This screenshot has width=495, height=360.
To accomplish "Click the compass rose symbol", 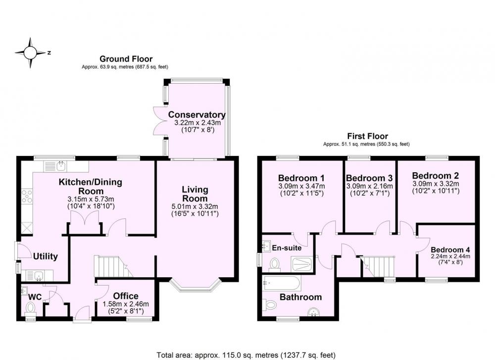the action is pos(31,52).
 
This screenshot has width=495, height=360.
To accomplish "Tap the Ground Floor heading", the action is pos(126,59).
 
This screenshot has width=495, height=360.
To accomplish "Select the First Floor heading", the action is pos(367,136).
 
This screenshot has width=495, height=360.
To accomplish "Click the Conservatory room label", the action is pos(197,114).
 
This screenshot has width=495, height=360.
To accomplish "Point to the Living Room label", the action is pos(195,194).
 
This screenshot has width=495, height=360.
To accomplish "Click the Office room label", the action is pos(126,296).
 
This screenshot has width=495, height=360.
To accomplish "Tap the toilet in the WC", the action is pos(31,308).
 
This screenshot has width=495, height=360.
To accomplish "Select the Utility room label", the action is pos(46,256).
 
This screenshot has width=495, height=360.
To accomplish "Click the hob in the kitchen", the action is pos(27,196).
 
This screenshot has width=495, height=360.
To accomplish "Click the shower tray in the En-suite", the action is pos(302,264).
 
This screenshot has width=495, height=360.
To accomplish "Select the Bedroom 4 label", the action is pos(450,250).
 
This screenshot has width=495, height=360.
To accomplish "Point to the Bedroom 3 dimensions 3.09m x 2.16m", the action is pos(369,186).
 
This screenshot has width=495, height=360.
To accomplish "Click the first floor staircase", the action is pos(378,267).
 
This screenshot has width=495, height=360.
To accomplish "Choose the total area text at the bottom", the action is pos(246,355).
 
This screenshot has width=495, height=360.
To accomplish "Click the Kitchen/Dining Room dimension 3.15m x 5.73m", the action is pos(91,199).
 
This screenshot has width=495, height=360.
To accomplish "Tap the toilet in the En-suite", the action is pos(275,264).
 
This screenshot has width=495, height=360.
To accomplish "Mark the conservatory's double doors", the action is pos(159,121).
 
